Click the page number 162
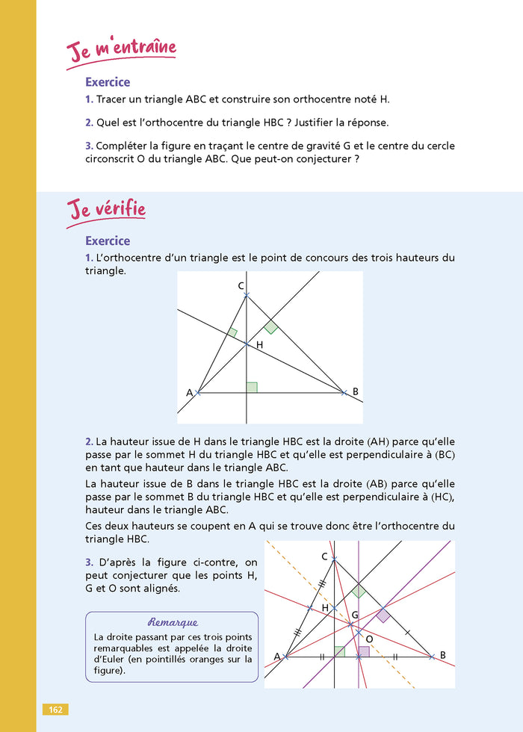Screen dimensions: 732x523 (55, 709)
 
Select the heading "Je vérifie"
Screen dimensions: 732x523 (106, 210)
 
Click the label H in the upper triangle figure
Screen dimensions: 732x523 (259, 345)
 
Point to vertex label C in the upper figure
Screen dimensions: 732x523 (241, 286)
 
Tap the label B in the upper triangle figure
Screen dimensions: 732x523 (355, 391)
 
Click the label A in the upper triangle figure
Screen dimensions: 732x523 (189, 392)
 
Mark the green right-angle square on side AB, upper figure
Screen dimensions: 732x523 (252, 387)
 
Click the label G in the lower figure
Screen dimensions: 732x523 (356, 614)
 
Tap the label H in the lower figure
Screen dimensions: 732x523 (325, 608)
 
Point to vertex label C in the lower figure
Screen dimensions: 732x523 (324, 556)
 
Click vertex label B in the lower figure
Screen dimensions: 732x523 (442, 656)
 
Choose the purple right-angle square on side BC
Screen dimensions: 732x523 (383, 615)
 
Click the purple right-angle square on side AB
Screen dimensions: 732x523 (364, 651)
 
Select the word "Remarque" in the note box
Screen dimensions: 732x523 (173, 621)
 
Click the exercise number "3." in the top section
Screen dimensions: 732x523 (89, 145)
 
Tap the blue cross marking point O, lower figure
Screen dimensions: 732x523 (359, 633)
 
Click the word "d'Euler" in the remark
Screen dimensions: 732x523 (109, 660)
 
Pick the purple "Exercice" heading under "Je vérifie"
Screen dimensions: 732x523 (108, 241)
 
